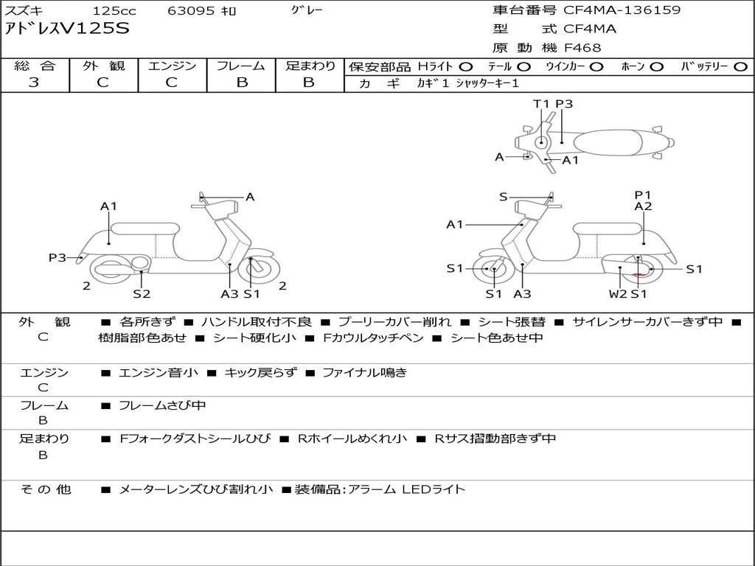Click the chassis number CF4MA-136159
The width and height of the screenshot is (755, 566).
point(622,10)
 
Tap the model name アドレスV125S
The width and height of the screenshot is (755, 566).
point(67,29)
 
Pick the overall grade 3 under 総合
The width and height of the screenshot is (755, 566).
point(34,82)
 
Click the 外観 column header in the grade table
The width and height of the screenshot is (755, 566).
point(103,66)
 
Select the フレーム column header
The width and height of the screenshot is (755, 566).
point(241,66)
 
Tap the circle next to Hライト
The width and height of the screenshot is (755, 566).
point(466,67)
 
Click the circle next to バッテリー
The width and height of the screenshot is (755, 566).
point(740,67)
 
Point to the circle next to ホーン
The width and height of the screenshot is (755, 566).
point(657,67)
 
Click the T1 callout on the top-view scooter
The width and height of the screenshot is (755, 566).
point(540,104)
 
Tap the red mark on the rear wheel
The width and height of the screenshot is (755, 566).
point(639,274)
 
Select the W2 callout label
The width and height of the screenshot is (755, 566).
point(618,293)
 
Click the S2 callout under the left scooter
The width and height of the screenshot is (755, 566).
point(142,293)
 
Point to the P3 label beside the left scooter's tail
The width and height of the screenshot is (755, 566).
point(58,257)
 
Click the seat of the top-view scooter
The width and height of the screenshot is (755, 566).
point(608,143)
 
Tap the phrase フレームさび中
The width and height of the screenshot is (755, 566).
point(162,406)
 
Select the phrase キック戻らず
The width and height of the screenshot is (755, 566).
point(260,372)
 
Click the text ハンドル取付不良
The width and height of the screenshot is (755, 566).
point(257,322)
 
